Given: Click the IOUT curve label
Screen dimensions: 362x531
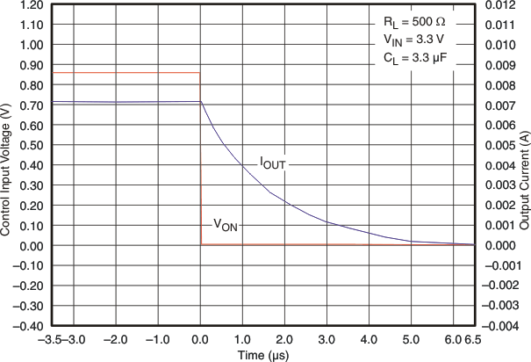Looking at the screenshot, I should point(271,163).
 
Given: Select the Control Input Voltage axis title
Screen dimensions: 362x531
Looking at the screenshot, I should point(7,165).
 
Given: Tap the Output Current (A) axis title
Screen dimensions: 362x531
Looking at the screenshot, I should point(524,165).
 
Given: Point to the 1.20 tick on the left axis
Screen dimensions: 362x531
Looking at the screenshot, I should point(30,5).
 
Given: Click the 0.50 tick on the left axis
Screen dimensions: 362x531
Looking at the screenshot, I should point(30,145).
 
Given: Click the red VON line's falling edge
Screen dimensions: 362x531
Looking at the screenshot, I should point(200,158).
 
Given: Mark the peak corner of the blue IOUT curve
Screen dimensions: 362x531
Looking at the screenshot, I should point(201,102).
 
